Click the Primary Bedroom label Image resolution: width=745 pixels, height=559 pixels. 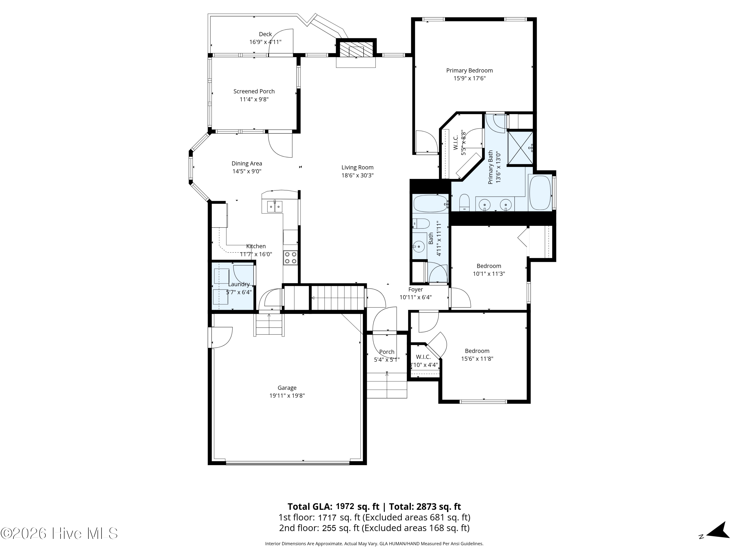(x=470, y=70)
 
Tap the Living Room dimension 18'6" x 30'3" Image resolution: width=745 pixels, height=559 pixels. (x=357, y=175)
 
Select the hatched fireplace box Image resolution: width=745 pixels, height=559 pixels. (x=356, y=49)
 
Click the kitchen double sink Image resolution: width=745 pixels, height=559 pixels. (x=275, y=206)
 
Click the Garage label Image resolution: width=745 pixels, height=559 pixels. (x=287, y=388)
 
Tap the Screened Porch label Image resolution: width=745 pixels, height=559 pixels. (x=254, y=91)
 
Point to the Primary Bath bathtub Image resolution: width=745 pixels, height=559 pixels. (x=540, y=193)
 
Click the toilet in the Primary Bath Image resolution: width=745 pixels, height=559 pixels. (x=464, y=202)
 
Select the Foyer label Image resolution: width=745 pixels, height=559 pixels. (x=416, y=289)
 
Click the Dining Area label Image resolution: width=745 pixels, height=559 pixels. (x=247, y=163)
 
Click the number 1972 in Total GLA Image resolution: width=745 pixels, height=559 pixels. (x=345, y=506)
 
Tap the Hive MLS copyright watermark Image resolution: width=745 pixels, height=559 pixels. (x=59, y=533)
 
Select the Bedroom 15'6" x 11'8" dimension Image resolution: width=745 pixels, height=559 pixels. (x=477, y=359)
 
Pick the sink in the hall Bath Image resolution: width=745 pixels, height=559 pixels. (x=419, y=247)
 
